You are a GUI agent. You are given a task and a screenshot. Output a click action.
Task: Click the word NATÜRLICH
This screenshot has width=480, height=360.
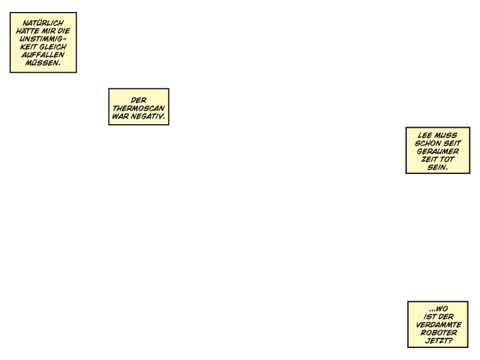coord(43,23)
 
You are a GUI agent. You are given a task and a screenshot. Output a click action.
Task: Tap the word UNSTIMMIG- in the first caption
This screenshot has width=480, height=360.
coord(43,39)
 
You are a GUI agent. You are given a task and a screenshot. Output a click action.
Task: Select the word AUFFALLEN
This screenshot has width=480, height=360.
coord(43,55)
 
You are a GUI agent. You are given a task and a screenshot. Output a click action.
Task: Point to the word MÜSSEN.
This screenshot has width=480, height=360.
coord(43,63)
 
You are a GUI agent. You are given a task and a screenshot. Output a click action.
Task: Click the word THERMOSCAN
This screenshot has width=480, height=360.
coord(139,109)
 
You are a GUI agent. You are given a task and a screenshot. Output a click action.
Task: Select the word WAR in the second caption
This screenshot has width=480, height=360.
coord(121,116)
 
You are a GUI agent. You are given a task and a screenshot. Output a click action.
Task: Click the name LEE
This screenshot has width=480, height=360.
coord(425,136)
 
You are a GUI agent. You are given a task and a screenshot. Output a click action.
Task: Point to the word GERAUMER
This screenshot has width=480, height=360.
coord(438,151)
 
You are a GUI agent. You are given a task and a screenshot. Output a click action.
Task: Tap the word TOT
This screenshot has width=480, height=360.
coord(447,159)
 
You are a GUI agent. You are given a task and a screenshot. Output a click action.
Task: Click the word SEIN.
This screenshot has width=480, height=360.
coord(438,167)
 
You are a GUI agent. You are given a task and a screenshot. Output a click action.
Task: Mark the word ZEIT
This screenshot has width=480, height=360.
coord(430,159)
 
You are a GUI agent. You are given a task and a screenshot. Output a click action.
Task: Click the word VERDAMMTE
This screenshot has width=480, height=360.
coord(439,325)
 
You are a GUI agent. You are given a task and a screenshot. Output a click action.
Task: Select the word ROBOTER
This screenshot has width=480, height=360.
coord(439,332)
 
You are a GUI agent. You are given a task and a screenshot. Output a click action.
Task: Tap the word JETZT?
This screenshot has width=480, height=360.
coord(439,340)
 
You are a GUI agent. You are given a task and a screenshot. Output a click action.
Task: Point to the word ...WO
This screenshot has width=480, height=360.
coord(439,308)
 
